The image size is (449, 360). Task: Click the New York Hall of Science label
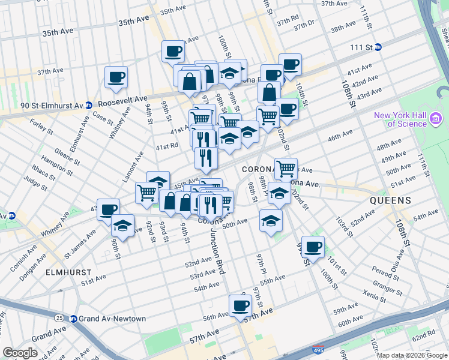point(399,119)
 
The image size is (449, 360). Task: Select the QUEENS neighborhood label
point(390,200)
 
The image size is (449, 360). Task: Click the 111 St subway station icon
point(378,47)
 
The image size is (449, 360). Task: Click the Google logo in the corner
point(20,353)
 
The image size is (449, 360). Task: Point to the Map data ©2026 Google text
point(412,355)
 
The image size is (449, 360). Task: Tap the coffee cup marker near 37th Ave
point(116,77)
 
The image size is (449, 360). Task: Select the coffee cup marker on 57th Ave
point(241,305)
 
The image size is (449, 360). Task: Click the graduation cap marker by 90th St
point(122,226)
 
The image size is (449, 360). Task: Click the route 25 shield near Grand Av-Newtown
point(59,317)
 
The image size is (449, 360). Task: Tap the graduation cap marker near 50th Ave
point(271,221)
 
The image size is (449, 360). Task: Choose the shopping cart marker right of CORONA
point(286,169)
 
